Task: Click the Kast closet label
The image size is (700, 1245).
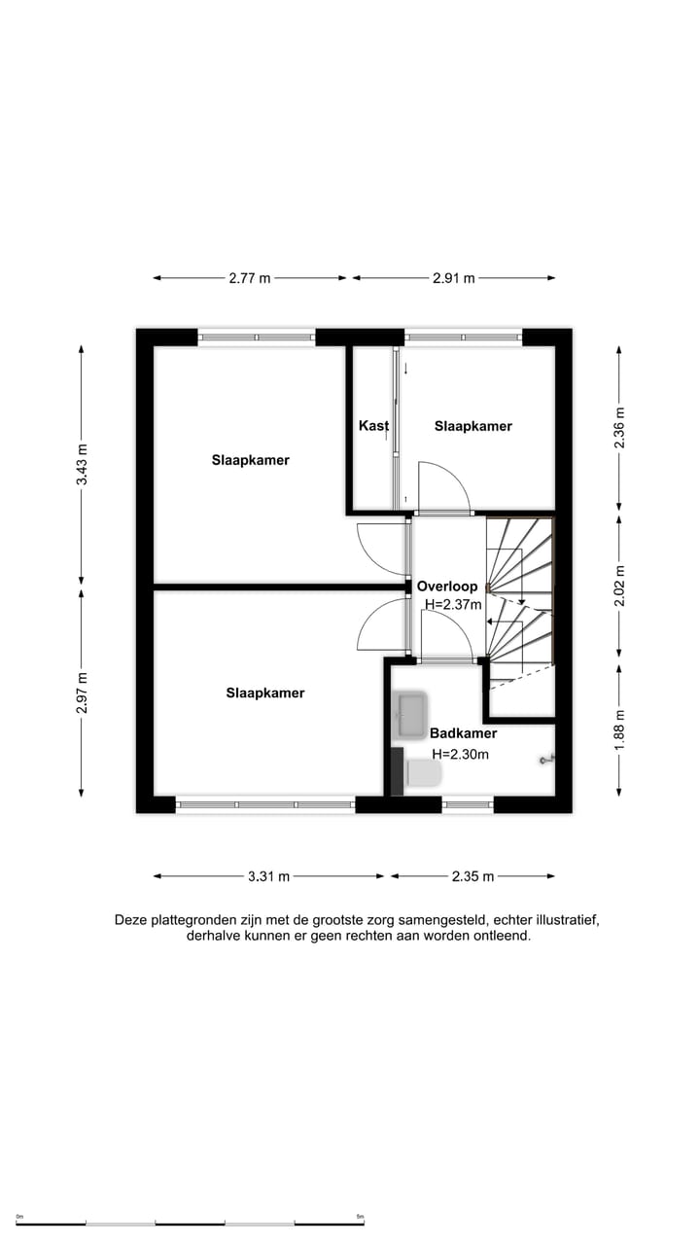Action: coord(373,426)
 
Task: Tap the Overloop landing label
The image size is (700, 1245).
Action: coord(447,587)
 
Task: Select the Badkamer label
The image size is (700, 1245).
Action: coord(464,733)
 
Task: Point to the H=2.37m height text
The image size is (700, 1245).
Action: coord(453,604)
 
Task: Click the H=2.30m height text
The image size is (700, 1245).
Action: coord(460,754)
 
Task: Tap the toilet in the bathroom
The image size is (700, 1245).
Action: coord(423,773)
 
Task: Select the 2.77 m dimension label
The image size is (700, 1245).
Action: coord(250,278)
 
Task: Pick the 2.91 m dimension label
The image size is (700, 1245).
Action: coord(454,278)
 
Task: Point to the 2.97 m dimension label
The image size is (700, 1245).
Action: coord(82,693)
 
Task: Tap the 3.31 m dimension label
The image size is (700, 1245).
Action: coord(268,876)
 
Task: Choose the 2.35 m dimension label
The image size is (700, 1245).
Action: coord(473,876)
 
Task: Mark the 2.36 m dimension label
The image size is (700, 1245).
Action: coord(620,428)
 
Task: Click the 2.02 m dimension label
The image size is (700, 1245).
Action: coord(620,586)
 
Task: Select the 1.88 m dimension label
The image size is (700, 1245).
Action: coord(620,729)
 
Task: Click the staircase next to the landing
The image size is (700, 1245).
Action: coord(519,603)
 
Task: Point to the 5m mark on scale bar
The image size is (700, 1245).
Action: coord(360,1217)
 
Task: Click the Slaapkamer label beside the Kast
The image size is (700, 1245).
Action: coord(472,426)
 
